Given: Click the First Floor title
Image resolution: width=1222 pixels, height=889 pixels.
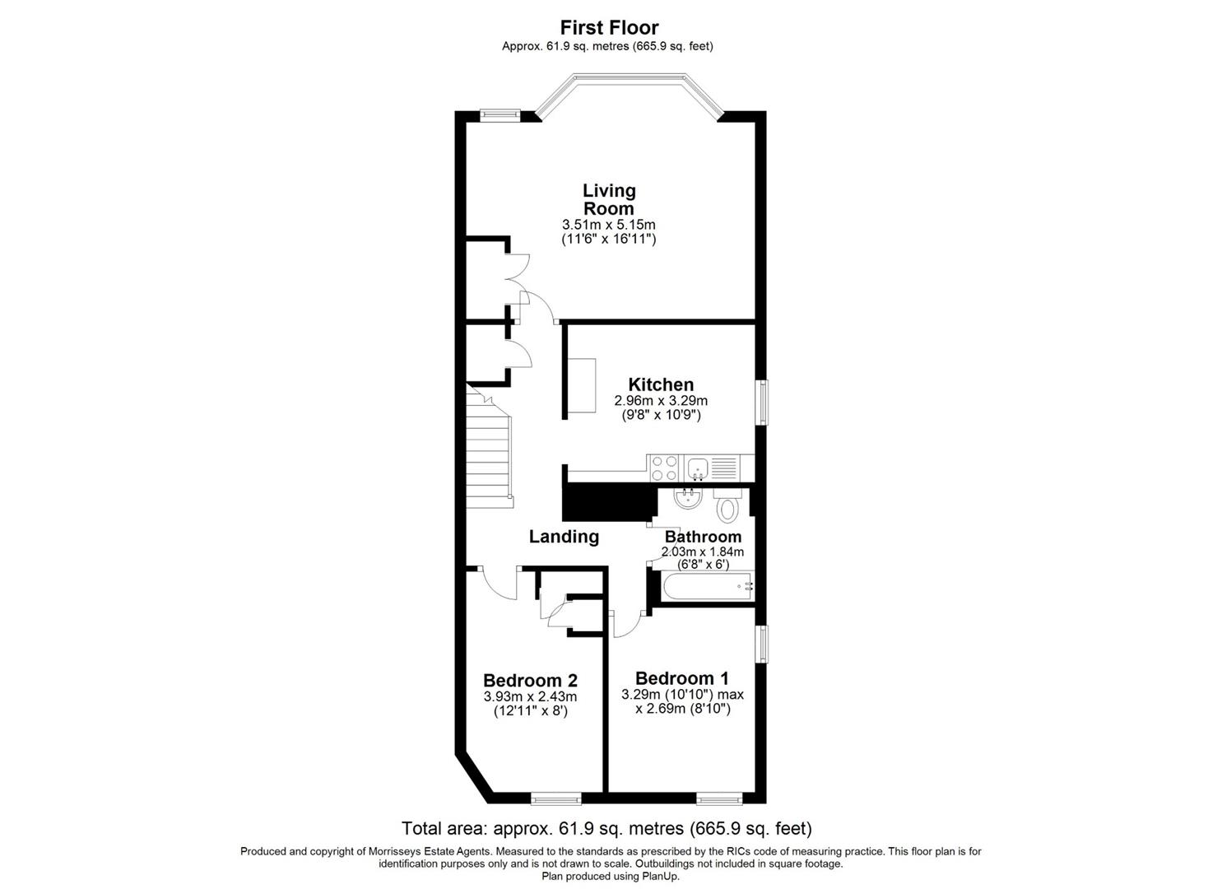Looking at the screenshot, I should tap(609, 28).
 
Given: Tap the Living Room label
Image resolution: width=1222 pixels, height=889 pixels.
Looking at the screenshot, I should tap(609, 199).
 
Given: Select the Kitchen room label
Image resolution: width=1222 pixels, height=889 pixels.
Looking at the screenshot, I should tap(661, 384).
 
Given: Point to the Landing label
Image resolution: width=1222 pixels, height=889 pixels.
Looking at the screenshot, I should tap(564, 537).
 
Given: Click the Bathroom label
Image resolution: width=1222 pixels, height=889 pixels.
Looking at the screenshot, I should tap(703, 537).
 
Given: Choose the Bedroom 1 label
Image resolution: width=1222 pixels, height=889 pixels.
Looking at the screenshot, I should tap(682, 678).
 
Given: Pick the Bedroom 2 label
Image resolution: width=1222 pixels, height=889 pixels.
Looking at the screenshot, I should tap(530, 681).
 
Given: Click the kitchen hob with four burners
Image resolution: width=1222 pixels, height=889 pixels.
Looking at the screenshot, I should tap(665, 468).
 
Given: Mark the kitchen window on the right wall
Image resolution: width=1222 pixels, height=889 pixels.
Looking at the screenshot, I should tap(763, 403).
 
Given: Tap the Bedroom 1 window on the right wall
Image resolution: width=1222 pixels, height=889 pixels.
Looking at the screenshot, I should tap(763, 644).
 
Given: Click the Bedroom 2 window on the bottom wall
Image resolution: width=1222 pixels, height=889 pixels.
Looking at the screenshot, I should tap(555, 798).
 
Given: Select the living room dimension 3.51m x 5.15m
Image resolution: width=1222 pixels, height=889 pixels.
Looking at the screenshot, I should tap(609, 224).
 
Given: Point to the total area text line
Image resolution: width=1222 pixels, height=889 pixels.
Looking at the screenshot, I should tap(606, 828).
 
